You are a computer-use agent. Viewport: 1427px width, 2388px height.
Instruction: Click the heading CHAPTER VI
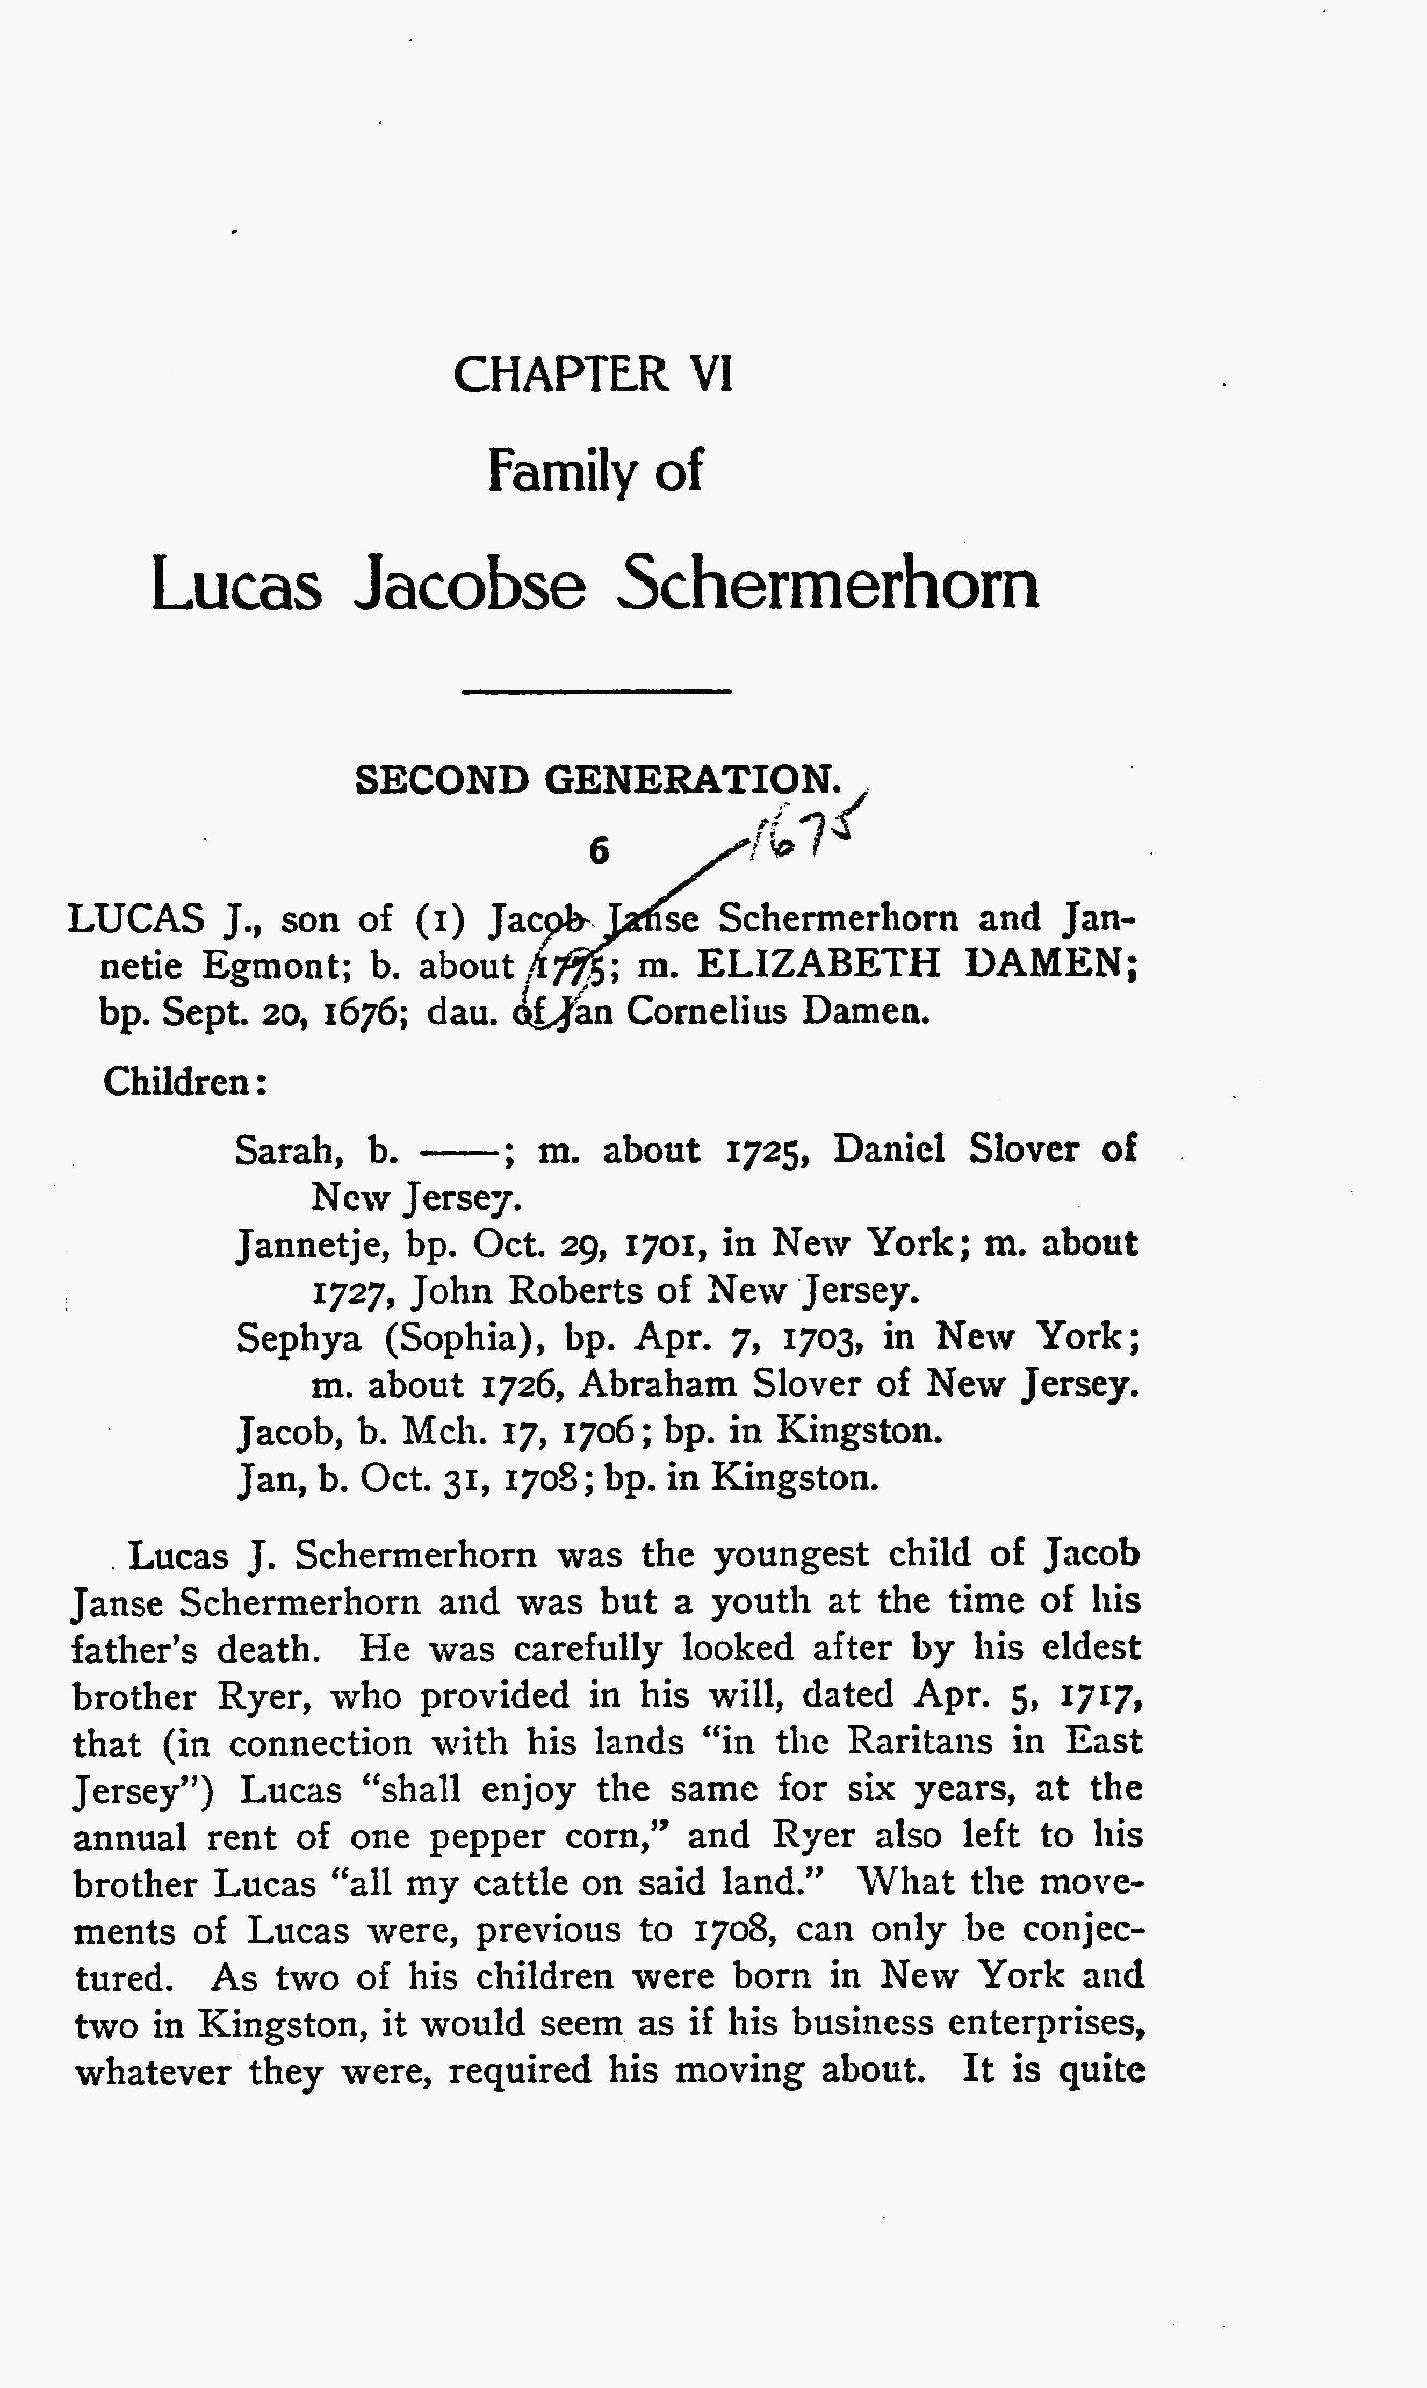coord(592,374)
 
